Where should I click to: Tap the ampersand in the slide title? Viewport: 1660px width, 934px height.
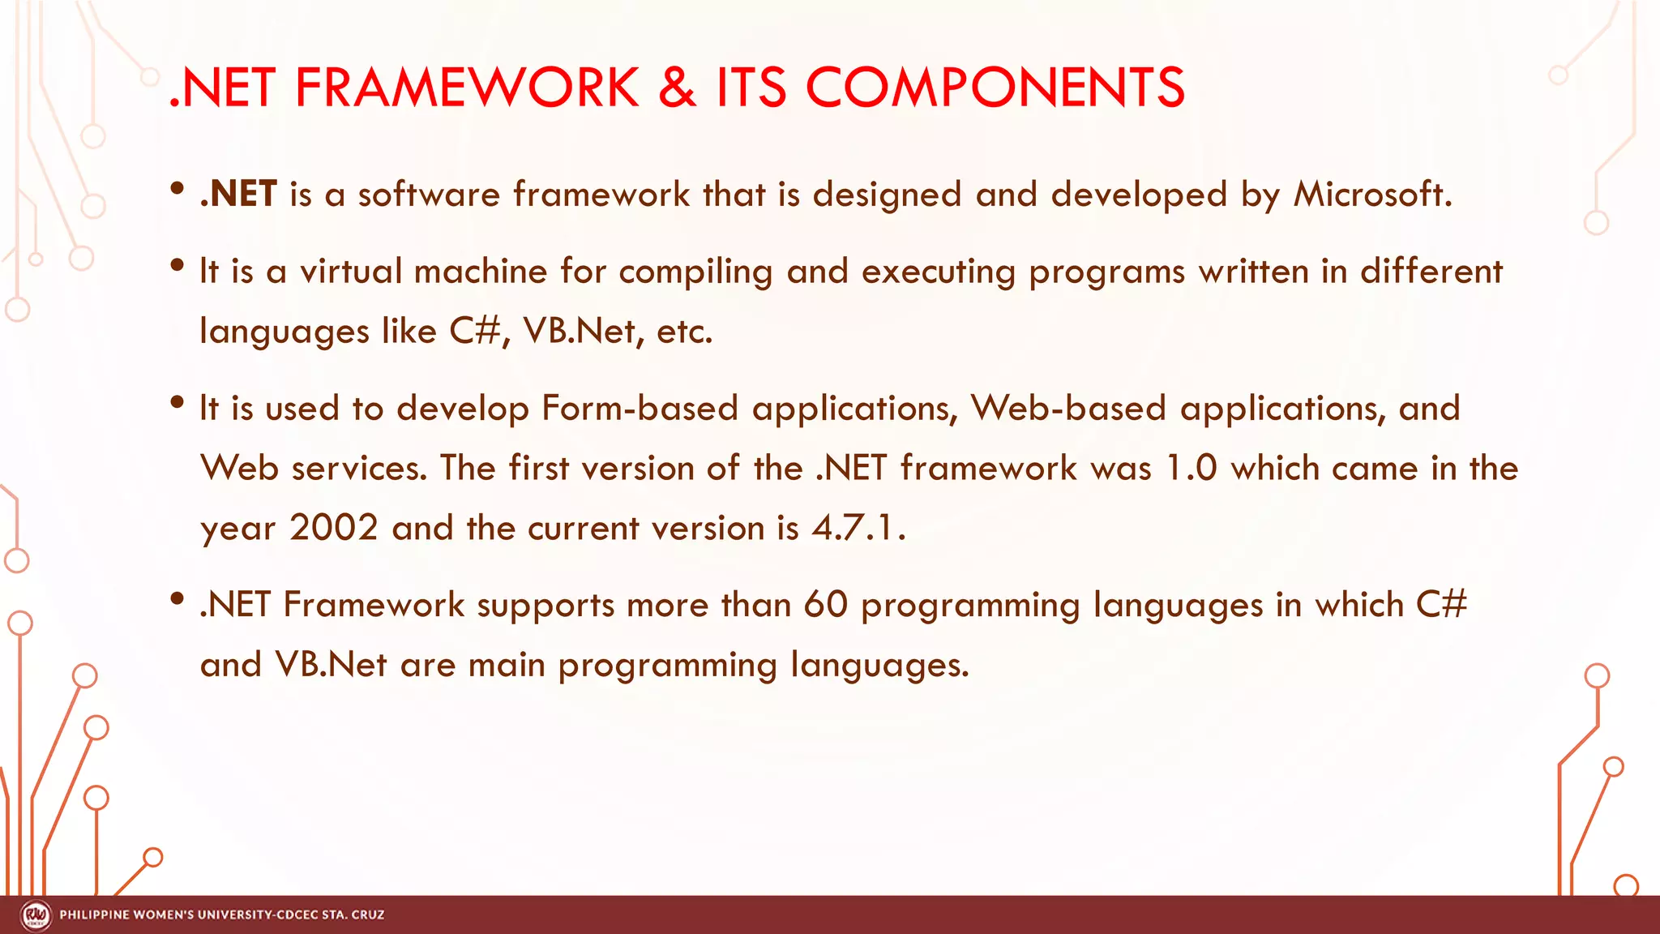click(x=678, y=88)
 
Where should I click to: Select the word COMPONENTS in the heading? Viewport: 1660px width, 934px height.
click(x=995, y=88)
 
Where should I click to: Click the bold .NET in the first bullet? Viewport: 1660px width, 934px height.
click(x=238, y=195)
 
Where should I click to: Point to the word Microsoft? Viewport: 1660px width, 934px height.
click(x=1371, y=195)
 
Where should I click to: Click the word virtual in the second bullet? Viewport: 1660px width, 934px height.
click(x=351, y=272)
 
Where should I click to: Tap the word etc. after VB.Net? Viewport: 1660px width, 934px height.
click(x=684, y=332)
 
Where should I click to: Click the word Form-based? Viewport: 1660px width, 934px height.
click(x=640, y=408)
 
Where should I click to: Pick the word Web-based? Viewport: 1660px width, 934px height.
click(x=1068, y=408)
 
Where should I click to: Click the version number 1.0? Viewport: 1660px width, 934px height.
click(x=1191, y=469)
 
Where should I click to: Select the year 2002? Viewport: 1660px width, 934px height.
click(x=334, y=529)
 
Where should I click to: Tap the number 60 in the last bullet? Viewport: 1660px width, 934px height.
click(x=825, y=605)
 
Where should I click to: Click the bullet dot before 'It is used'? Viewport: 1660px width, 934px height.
click(x=178, y=403)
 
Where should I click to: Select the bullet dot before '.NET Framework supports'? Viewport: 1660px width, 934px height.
click(x=178, y=600)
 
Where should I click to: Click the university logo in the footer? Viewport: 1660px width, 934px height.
click(x=36, y=915)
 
